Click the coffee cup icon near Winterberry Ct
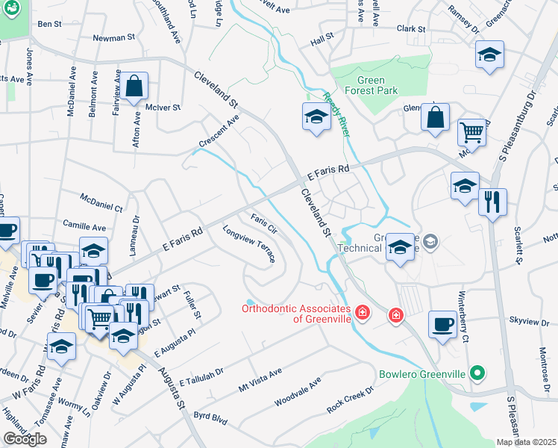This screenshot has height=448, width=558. (442, 324)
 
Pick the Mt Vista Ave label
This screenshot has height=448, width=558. (260, 381)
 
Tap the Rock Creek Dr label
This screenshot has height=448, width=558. (349, 402)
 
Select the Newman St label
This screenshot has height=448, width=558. (113, 37)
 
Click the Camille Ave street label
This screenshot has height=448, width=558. (84, 225)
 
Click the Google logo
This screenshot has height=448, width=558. (25, 439)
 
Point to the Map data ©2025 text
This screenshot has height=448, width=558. (525, 442)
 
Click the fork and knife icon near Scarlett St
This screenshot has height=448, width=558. (492, 201)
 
